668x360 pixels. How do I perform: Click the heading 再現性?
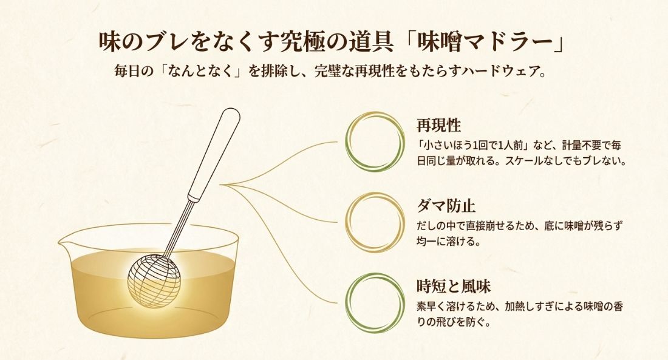[438, 126]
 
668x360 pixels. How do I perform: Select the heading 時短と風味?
[453, 285]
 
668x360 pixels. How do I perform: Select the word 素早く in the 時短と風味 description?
[431, 307]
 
